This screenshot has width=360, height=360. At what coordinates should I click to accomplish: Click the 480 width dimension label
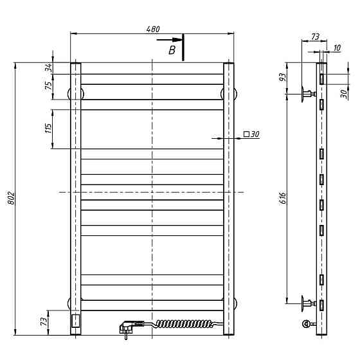click(153, 29)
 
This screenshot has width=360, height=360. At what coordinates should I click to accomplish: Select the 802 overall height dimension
click(11, 198)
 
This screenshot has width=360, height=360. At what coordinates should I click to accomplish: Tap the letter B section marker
click(172, 50)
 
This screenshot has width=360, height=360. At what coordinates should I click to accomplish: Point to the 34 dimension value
click(49, 68)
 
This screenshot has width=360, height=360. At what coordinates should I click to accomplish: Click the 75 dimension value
click(49, 86)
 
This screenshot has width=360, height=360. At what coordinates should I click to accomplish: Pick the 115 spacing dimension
click(48, 129)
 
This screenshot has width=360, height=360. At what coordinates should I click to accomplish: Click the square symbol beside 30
click(246, 134)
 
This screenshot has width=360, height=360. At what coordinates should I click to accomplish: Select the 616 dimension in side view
click(283, 198)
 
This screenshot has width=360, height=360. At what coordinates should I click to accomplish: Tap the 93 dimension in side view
click(283, 77)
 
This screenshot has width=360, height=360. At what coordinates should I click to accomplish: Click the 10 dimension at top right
click(337, 48)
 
